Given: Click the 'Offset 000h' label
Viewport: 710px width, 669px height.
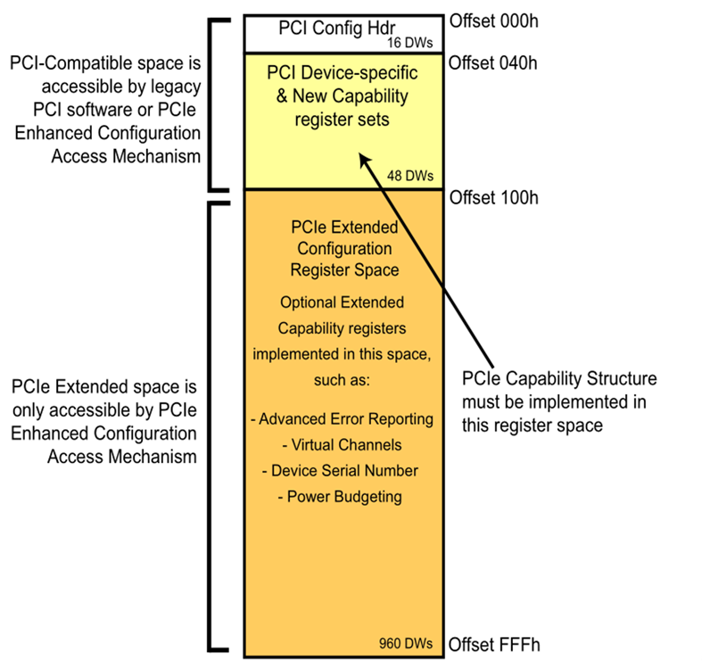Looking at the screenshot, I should click(493, 19).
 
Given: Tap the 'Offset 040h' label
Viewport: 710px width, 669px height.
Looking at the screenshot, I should click(493, 62).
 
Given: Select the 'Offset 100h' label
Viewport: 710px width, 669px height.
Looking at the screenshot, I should click(493, 197).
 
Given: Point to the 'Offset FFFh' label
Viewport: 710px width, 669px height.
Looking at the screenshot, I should click(493, 644).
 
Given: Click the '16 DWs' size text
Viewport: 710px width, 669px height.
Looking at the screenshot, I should click(409, 41).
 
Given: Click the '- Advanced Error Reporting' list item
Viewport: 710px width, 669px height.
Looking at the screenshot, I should click(343, 418).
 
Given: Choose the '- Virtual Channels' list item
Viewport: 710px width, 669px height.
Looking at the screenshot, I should click(343, 444).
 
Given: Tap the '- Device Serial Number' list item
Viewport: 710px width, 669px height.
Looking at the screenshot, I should click(343, 470).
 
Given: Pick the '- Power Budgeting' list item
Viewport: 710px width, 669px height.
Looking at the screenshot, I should click(343, 496).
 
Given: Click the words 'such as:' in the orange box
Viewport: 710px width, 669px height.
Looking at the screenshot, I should click(343, 378).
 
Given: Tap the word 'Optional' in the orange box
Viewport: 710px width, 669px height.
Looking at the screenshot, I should click(307, 301).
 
